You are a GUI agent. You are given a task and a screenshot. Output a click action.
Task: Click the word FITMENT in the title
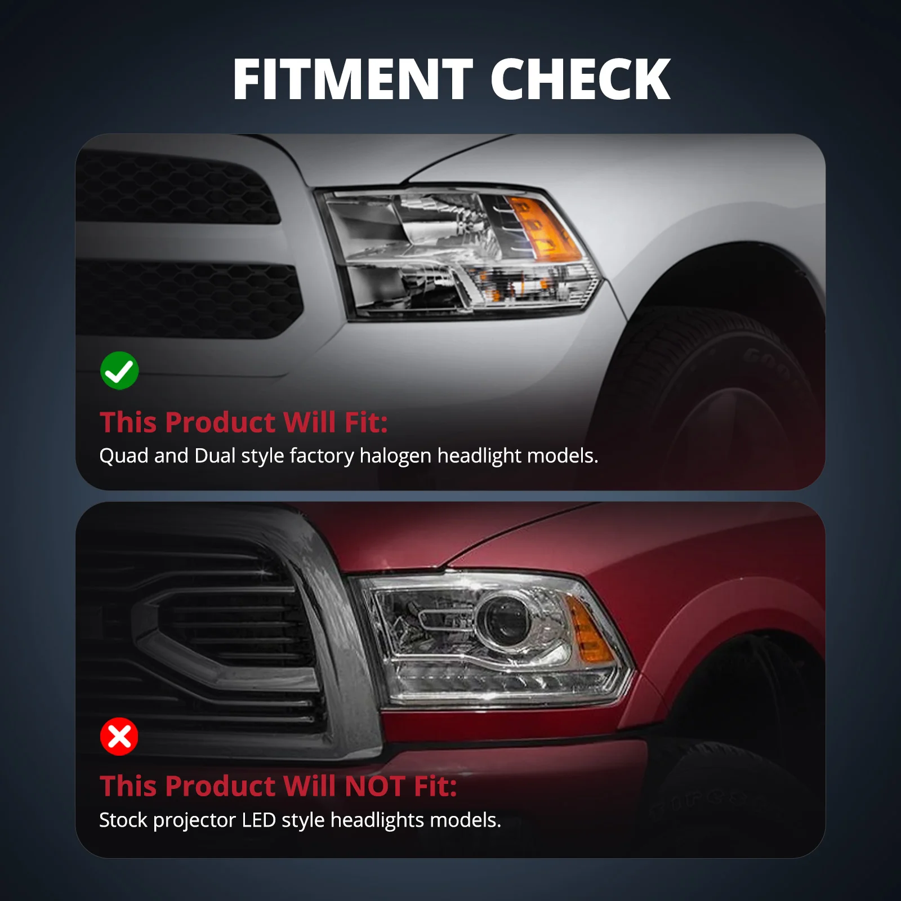coord(353,79)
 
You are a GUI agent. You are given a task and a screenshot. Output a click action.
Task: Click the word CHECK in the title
coord(581,79)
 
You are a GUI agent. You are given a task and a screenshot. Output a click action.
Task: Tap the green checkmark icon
coord(119,371)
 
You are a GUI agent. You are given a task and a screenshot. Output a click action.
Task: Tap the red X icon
coord(119,736)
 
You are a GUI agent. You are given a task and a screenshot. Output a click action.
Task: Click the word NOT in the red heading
coord(375,786)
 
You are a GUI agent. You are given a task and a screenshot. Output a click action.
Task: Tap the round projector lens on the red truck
coord(503,619)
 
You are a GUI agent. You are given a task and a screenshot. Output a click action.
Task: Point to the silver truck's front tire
coord(715,394)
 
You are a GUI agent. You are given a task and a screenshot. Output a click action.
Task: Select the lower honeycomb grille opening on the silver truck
coord(189,298)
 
